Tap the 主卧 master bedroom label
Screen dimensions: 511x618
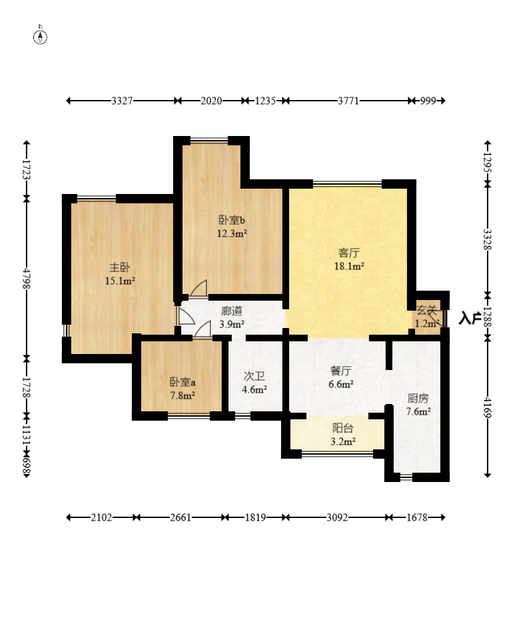[x=120, y=267]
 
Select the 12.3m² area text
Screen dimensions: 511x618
[x=232, y=233]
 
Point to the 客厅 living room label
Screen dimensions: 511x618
[x=349, y=253]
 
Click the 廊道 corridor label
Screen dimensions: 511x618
[x=232, y=311]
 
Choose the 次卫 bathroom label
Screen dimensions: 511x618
[x=254, y=376]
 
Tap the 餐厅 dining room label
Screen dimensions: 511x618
[x=341, y=371]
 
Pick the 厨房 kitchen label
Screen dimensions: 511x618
[x=418, y=398]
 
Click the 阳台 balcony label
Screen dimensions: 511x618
[x=342, y=428]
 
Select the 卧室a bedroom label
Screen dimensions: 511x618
[x=183, y=382]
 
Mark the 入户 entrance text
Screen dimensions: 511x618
[x=470, y=318]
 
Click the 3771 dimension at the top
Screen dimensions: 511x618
[x=348, y=101]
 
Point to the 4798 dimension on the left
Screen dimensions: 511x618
[x=27, y=279]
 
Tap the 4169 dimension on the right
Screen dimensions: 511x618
[x=488, y=407]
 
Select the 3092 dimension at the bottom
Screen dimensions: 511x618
[x=337, y=517]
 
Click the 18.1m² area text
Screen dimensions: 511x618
[x=349, y=267]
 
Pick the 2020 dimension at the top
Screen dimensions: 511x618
[x=212, y=101]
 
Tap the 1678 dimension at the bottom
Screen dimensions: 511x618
[x=417, y=517]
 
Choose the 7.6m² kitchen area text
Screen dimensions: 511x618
[x=418, y=411]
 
